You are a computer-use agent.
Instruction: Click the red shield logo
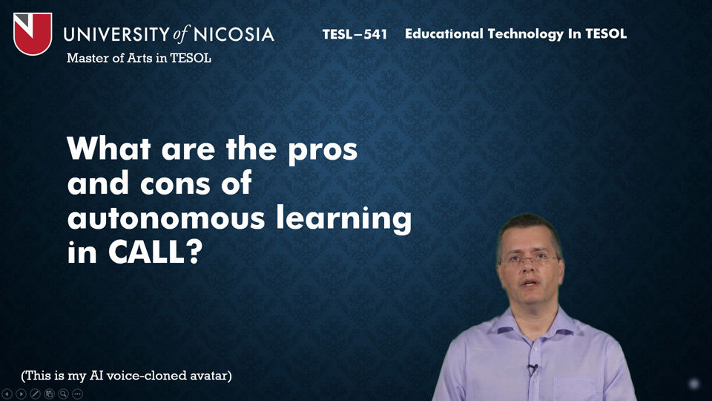coord(32,33)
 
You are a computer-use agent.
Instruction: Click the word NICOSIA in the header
coord(234,35)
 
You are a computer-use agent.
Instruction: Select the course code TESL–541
coord(355,34)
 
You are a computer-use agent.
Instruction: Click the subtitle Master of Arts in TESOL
coord(139,58)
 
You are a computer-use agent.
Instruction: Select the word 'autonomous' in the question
coord(165,218)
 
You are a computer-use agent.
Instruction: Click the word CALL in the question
coord(146,252)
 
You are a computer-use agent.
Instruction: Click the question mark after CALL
coord(194,252)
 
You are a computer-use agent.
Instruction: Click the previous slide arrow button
coord(7,394)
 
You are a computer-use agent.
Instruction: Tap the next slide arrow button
coord(22,394)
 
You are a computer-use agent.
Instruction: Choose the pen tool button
coord(36,394)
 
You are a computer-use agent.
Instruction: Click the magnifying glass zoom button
coord(64,394)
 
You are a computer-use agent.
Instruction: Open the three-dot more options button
coord(78,394)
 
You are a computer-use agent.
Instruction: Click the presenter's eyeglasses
coord(530,260)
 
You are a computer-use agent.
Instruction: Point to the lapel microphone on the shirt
coord(533,369)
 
